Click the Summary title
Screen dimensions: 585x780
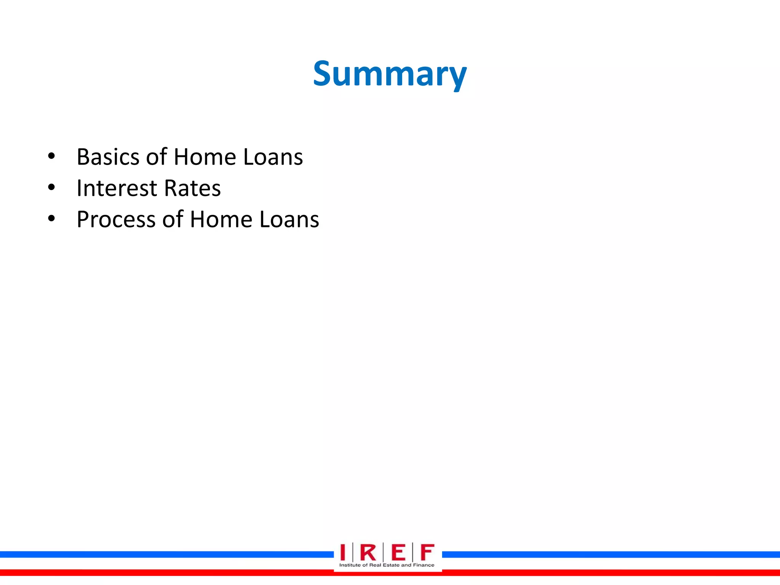(x=390, y=74)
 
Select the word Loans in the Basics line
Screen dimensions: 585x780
(x=273, y=157)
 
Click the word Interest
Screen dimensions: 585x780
(x=117, y=188)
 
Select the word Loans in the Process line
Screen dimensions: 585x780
(x=289, y=220)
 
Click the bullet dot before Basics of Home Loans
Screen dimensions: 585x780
(x=51, y=156)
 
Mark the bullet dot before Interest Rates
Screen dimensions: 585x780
(x=51, y=187)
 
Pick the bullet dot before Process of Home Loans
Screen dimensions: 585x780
(x=51, y=219)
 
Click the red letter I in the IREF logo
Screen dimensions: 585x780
(x=343, y=552)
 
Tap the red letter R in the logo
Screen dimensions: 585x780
(x=368, y=552)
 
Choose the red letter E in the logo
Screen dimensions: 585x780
(x=398, y=552)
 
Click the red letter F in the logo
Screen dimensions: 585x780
(x=427, y=552)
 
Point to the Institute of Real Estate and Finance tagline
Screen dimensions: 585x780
(x=387, y=565)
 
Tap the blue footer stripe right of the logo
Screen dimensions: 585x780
(x=609, y=555)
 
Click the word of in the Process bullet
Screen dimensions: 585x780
(x=173, y=220)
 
